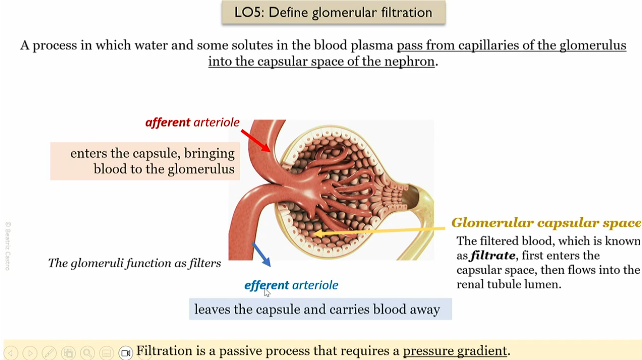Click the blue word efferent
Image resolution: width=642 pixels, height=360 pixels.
click(266, 285)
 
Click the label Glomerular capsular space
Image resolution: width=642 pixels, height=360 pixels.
click(545, 222)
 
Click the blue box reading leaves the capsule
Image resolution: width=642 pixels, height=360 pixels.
click(320, 309)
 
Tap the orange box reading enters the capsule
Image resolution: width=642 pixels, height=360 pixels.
click(145, 161)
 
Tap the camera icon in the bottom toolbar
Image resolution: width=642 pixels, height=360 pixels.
click(126, 352)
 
